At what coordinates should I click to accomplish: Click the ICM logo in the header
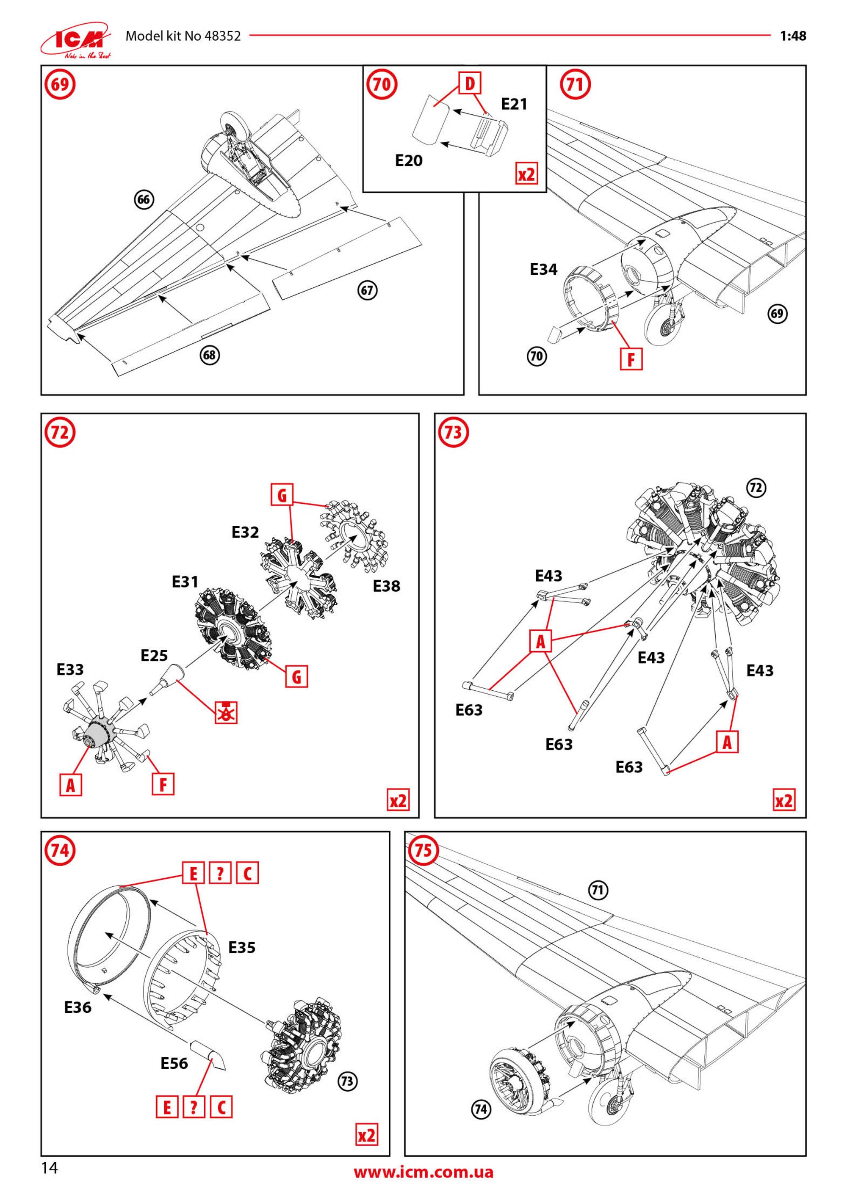coord(76,39)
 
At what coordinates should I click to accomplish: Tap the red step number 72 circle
coord(60,433)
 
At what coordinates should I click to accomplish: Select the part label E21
coord(514,104)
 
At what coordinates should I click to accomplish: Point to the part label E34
coord(543,270)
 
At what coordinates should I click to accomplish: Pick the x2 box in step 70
coord(526,174)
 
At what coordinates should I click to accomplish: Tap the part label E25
coord(154,656)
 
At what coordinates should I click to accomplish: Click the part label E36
coord(78,1007)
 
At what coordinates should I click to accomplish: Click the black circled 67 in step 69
coord(367,290)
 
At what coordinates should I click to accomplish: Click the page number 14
coord(50,1168)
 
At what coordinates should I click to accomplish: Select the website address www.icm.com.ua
coord(423,1172)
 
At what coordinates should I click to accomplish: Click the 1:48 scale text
coord(793,36)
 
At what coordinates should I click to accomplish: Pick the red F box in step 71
coord(631,359)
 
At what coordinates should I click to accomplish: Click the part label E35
coord(242,947)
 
